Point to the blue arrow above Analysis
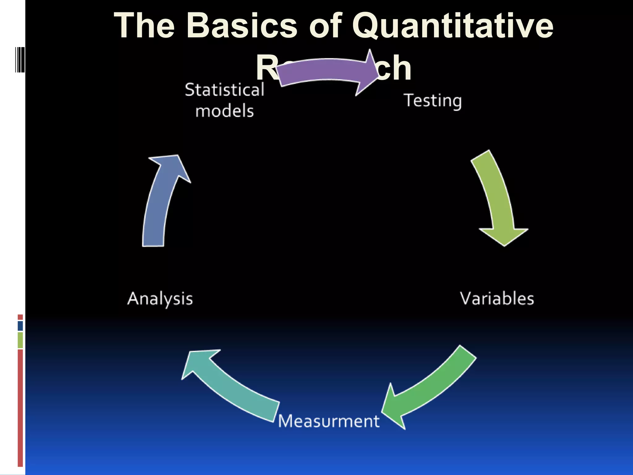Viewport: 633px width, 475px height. coord(161,201)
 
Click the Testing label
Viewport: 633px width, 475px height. coord(433,101)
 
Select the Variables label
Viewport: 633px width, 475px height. coord(497,299)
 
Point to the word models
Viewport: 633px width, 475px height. coord(225,111)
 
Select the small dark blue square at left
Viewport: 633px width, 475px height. coord(20,326)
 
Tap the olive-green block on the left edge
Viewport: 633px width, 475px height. coord(20,340)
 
